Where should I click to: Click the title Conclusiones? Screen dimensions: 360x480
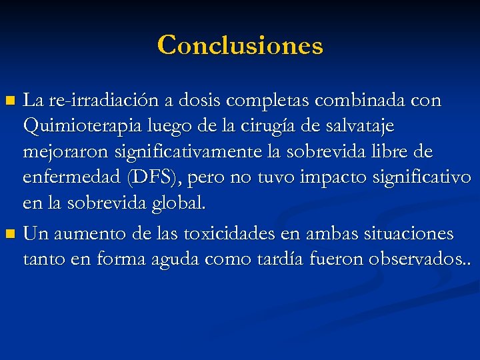tap(240, 45)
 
